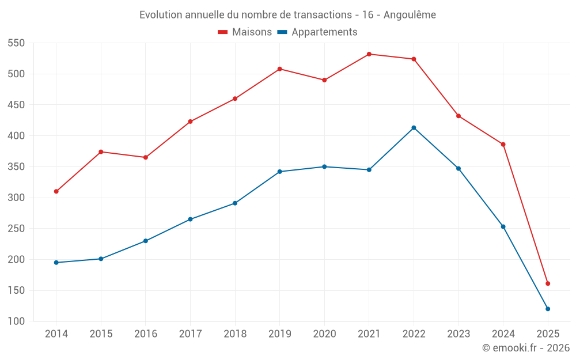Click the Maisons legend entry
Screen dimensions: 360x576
[x=245, y=32]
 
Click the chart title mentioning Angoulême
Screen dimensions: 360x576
[x=287, y=14]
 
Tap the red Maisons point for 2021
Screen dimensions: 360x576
[x=369, y=54]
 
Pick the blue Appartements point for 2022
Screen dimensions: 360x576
[x=414, y=128]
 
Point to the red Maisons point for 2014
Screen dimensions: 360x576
[x=56, y=191]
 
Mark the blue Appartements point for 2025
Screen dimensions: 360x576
[x=548, y=309]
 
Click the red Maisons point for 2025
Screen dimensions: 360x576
[x=548, y=283]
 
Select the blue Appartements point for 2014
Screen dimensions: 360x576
[x=56, y=263]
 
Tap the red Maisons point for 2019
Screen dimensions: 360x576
[x=279, y=69]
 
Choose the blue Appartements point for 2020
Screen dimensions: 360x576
[x=324, y=166]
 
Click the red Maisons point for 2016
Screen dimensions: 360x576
[x=146, y=157]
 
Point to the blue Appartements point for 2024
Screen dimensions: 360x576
[x=503, y=226]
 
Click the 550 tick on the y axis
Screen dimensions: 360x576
[x=16, y=43]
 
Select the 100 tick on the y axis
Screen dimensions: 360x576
[x=16, y=321]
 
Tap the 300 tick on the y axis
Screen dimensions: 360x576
[x=16, y=198]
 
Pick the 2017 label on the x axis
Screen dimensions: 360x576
[x=190, y=334]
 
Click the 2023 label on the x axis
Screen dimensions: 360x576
[x=458, y=334]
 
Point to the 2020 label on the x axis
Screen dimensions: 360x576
[x=324, y=334]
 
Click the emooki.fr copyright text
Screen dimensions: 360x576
[x=525, y=348]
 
